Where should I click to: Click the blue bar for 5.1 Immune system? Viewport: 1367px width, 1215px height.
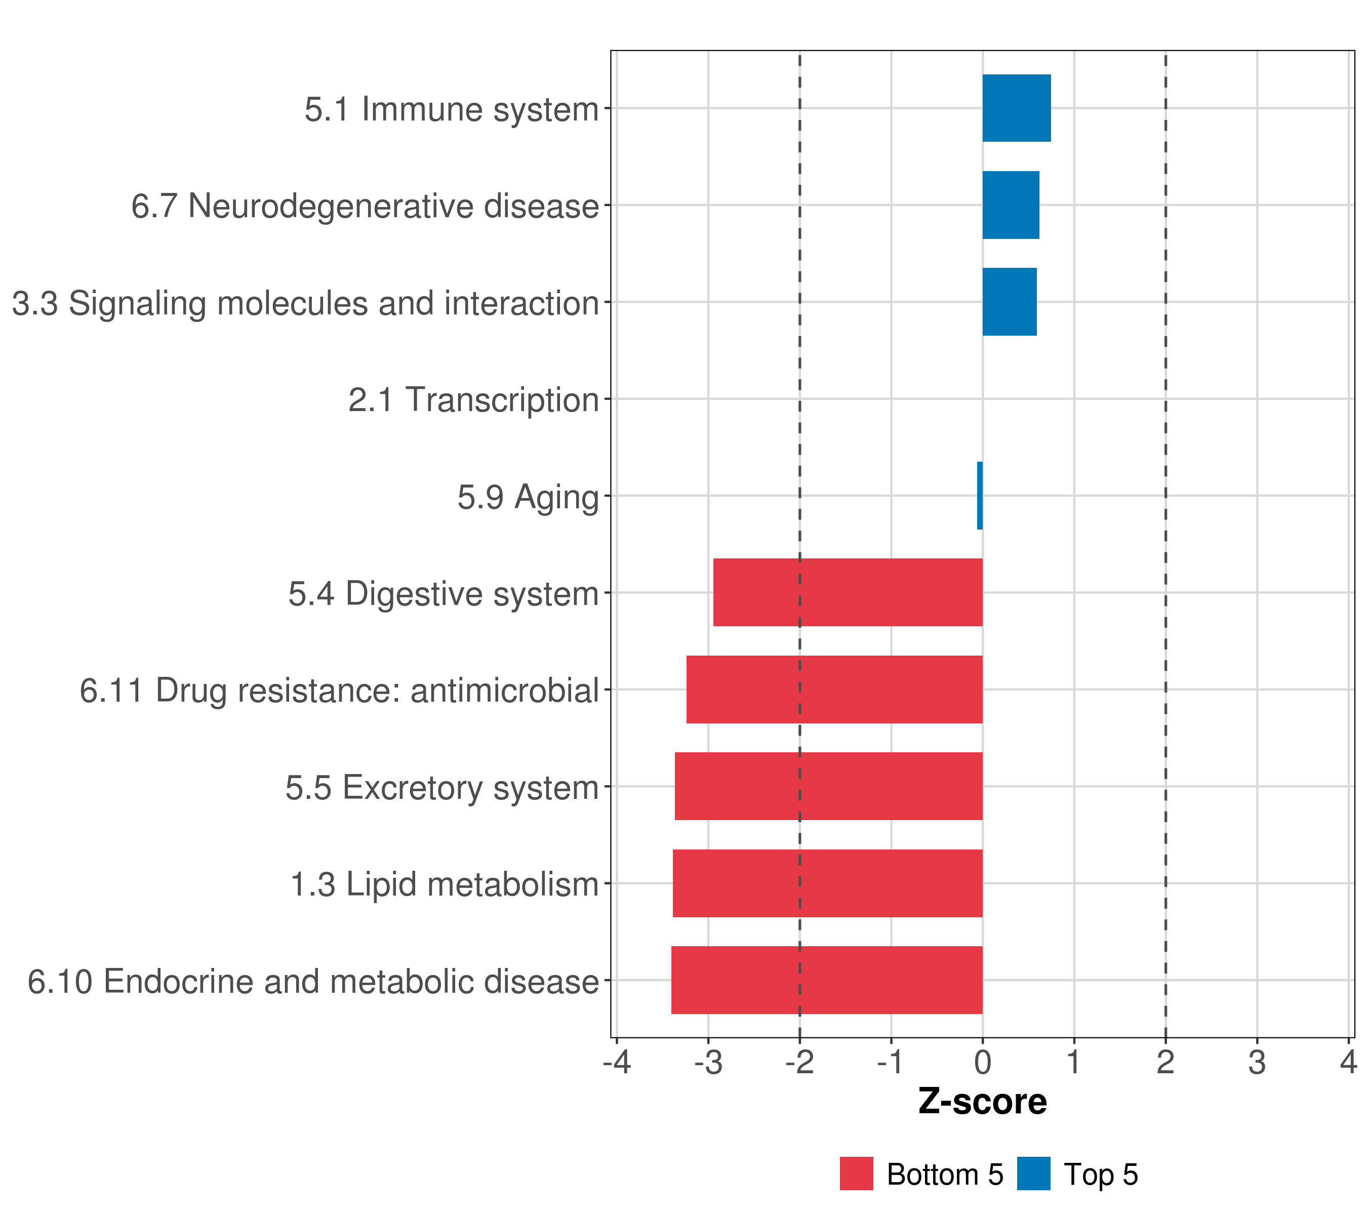point(1017,108)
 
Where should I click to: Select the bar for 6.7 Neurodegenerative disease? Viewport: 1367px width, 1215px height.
point(1011,206)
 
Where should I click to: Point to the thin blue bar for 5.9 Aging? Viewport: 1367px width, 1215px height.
point(980,496)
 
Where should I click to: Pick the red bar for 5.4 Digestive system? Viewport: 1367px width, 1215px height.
point(848,592)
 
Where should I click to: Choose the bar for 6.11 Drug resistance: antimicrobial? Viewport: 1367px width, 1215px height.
point(835,690)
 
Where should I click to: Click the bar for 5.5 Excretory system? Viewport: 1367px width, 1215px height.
point(829,786)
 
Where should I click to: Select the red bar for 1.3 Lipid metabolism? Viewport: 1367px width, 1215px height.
point(827,883)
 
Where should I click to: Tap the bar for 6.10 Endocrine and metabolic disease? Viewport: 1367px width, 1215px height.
point(827,980)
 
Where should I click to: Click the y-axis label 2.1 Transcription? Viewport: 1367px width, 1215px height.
point(473,400)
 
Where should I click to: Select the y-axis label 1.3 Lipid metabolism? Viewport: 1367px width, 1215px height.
point(445,884)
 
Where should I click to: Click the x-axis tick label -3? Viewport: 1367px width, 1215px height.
point(708,1062)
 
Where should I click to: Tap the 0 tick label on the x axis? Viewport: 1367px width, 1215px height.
point(982,1062)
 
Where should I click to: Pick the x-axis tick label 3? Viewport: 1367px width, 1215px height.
point(1257,1062)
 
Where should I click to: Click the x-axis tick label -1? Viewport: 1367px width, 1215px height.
point(891,1062)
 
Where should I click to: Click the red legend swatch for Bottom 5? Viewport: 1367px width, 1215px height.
point(857,1173)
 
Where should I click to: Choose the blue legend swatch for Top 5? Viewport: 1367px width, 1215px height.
point(1034,1173)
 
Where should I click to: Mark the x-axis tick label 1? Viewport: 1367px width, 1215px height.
point(1074,1062)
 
